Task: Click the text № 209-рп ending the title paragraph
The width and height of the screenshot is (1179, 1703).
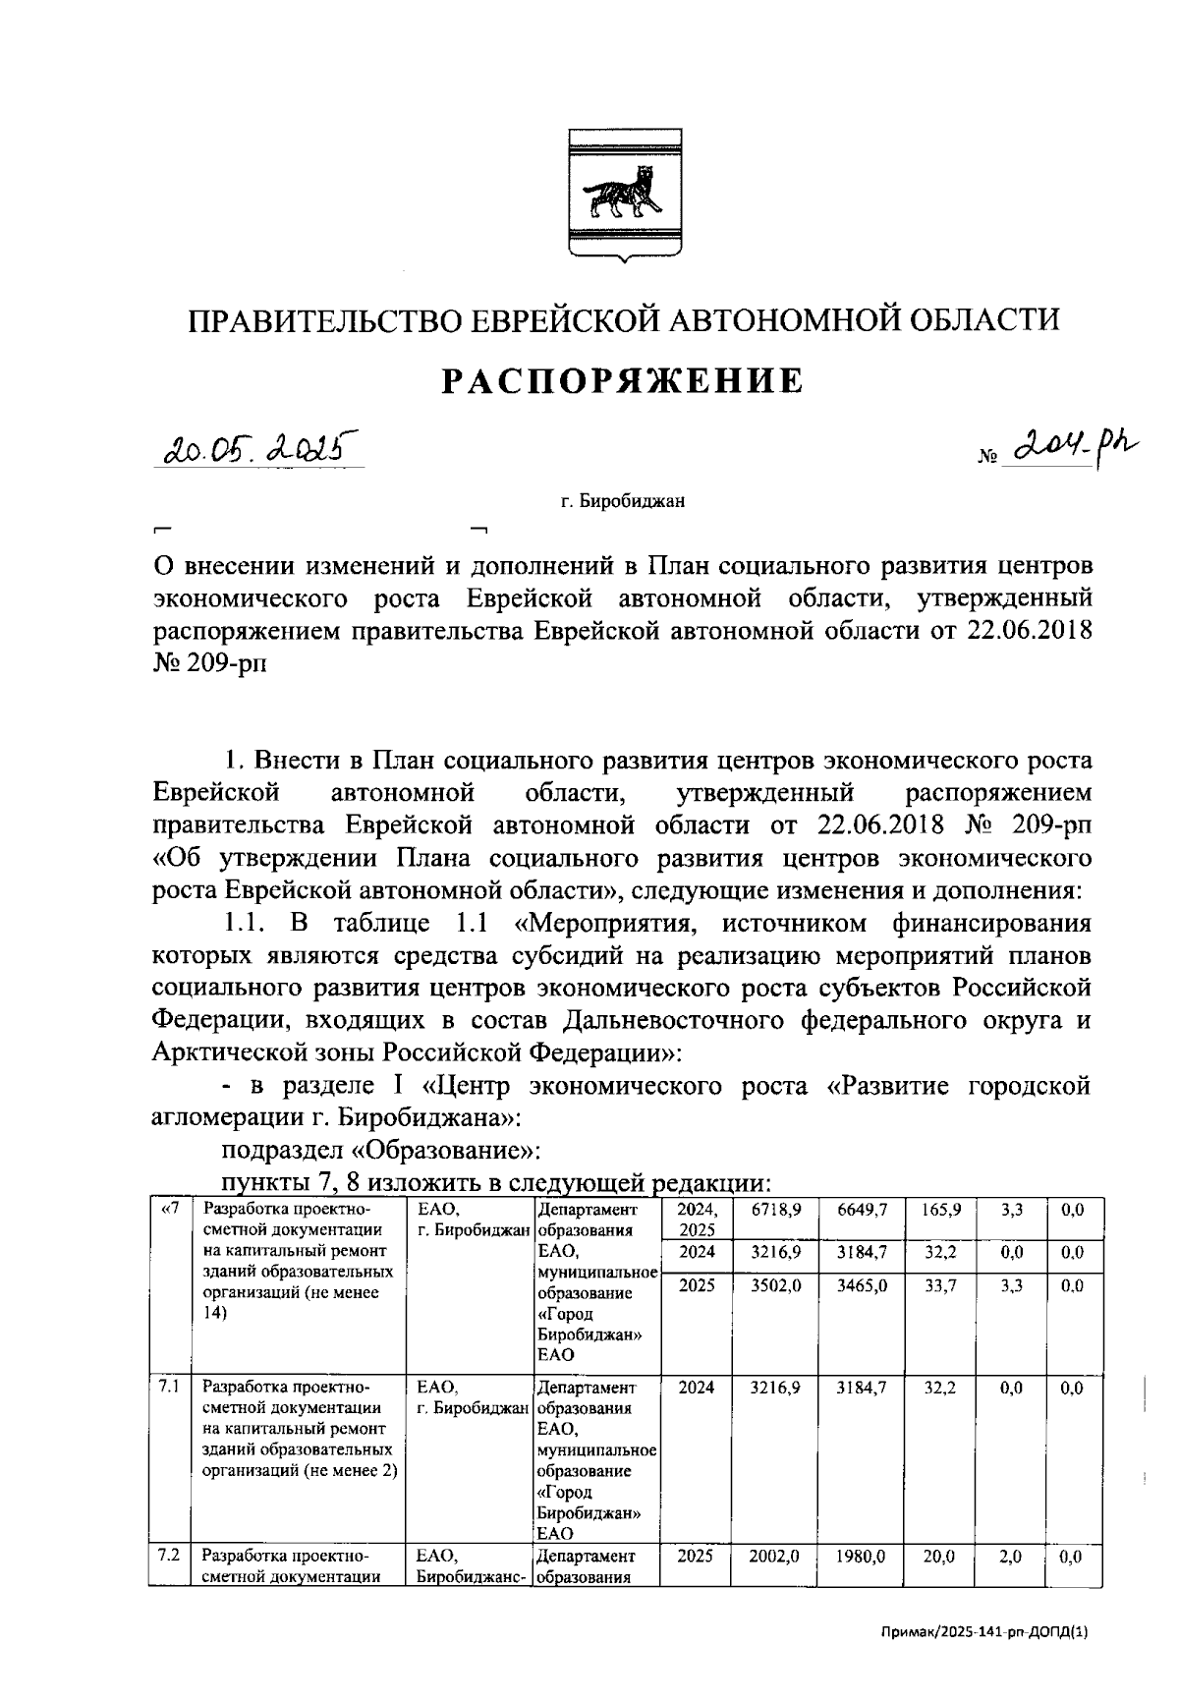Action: coord(210,663)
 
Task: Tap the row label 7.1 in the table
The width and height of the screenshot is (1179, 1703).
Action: coord(168,1388)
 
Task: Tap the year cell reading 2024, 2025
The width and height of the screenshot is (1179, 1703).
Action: coord(697,1220)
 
